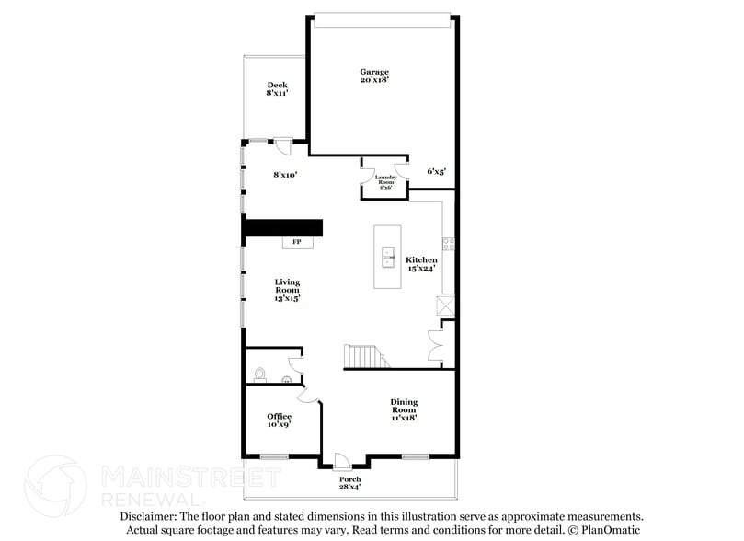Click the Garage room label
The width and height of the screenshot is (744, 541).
click(374, 75)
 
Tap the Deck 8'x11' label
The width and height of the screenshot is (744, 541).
click(278, 88)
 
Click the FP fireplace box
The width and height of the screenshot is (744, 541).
click(297, 242)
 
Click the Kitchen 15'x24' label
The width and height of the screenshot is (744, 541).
click(422, 264)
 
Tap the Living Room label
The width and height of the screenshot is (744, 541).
click(288, 290)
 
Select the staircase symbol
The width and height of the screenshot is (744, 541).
click(362, 356)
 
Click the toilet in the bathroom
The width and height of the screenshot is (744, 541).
click(260, 375)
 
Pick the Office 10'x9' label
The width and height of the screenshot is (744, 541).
click(280, 420)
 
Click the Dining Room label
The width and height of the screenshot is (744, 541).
click(405, 409)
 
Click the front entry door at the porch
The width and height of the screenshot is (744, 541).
click(341, 460)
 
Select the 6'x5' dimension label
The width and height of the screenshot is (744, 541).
click(437, 171)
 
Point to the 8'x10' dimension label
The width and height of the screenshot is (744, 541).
click(286, 173)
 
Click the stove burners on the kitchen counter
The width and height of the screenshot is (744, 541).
click(449, 244)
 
